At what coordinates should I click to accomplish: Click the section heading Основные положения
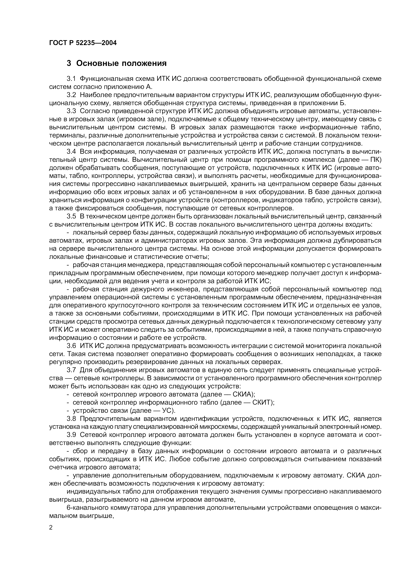point(121,63)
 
